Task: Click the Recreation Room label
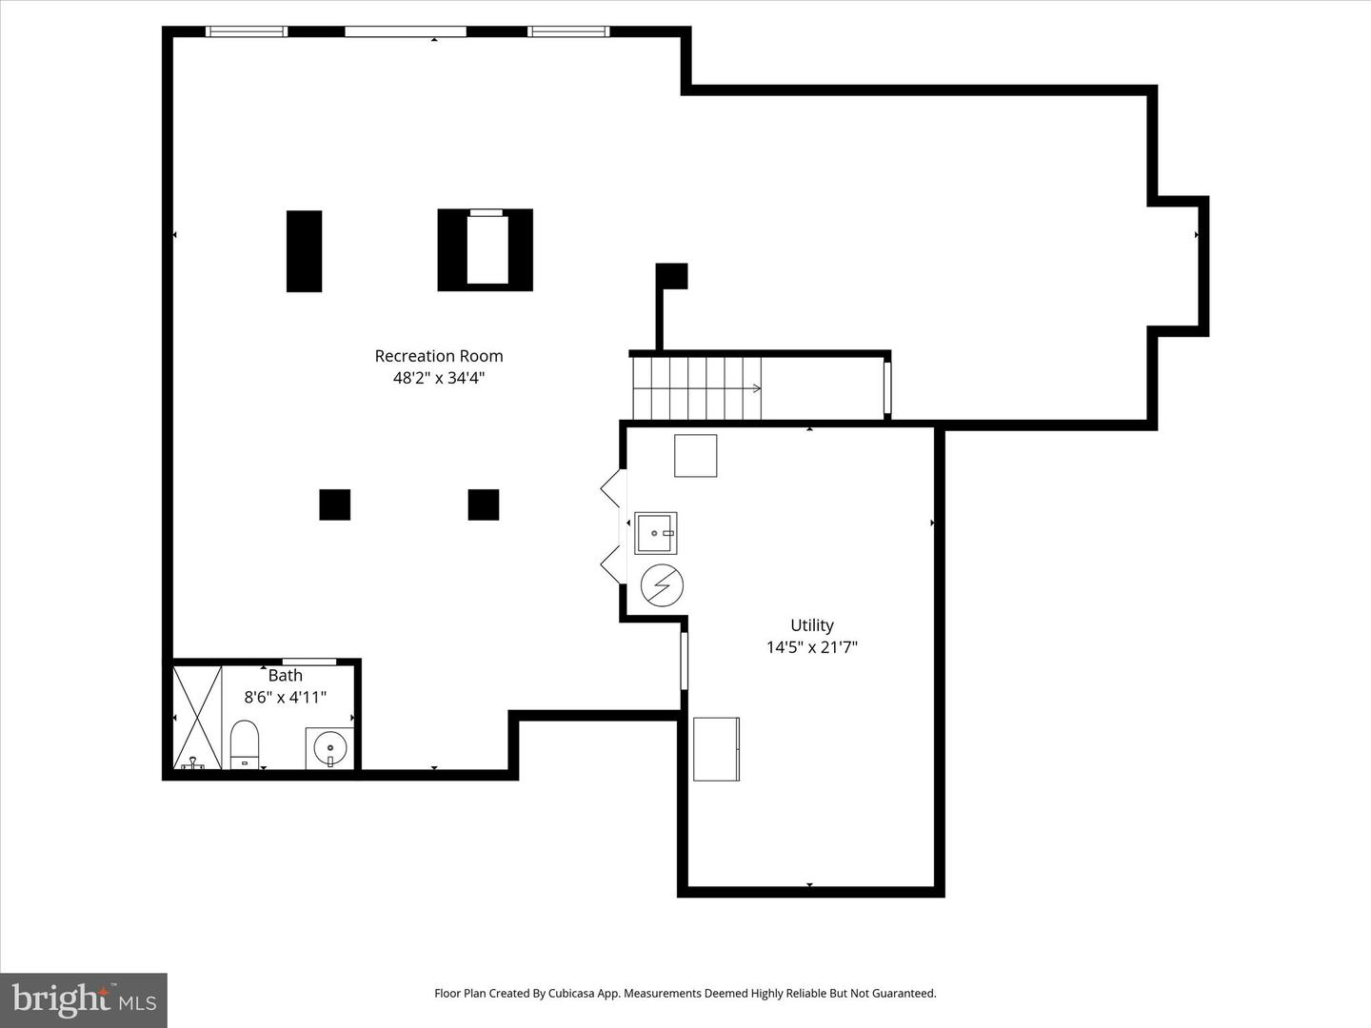point(438,356)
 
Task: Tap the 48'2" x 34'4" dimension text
point(438,378)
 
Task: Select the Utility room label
point(812,625)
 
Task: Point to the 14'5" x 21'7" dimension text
point(812,647)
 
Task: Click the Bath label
point(286,676)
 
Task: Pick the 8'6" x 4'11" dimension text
point(286,697)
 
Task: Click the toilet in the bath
point(245,743)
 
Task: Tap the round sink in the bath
point(330,747)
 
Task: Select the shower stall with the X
point(197,717)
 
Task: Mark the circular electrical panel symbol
point(662,584)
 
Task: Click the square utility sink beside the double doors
point(656,533)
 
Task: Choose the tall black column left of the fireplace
point(304,251)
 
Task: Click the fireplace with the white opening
point(486,249)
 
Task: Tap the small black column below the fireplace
point(484,504)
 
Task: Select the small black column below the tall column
point(334,504)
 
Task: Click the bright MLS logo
point(84,999)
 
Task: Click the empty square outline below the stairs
point(695,456)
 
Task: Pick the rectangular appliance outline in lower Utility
point(716,749)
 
